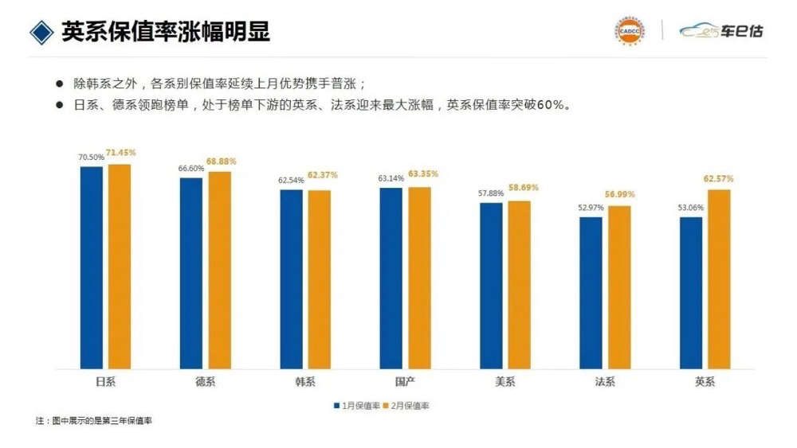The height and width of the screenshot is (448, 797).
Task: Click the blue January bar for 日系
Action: pyautogui.click(x=92, y=267)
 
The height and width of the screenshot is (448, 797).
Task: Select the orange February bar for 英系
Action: pyautogui.click(x=719, y=279)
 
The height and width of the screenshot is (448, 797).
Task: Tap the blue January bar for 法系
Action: pyautogui.click(x=591, y=293)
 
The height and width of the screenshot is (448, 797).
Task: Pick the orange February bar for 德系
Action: pyautogui.click(x=219, y=271)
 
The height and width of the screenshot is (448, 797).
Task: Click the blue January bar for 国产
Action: pyautogui.click(x=391, y=279)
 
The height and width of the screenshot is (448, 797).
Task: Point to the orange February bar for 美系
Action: pyautogui.click(x=519, y=285)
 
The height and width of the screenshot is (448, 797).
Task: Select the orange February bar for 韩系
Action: pyautogui.click(x=320, y=279)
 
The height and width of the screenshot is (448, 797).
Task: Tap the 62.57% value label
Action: pyautogui.click(x=719, y=178)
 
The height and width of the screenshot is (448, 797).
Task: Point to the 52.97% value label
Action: pyautogui.click(x=591, y=208)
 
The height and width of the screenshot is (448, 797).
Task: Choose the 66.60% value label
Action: pyautogui.click(x=190, y=169)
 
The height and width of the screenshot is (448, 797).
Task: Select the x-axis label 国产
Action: pyautogui.click(x=405, y=382)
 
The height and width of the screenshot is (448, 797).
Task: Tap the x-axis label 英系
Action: pyautogui.click(x=705, y=382)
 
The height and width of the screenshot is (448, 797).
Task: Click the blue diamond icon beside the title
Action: pyautogui.click(x=40, y=32)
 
